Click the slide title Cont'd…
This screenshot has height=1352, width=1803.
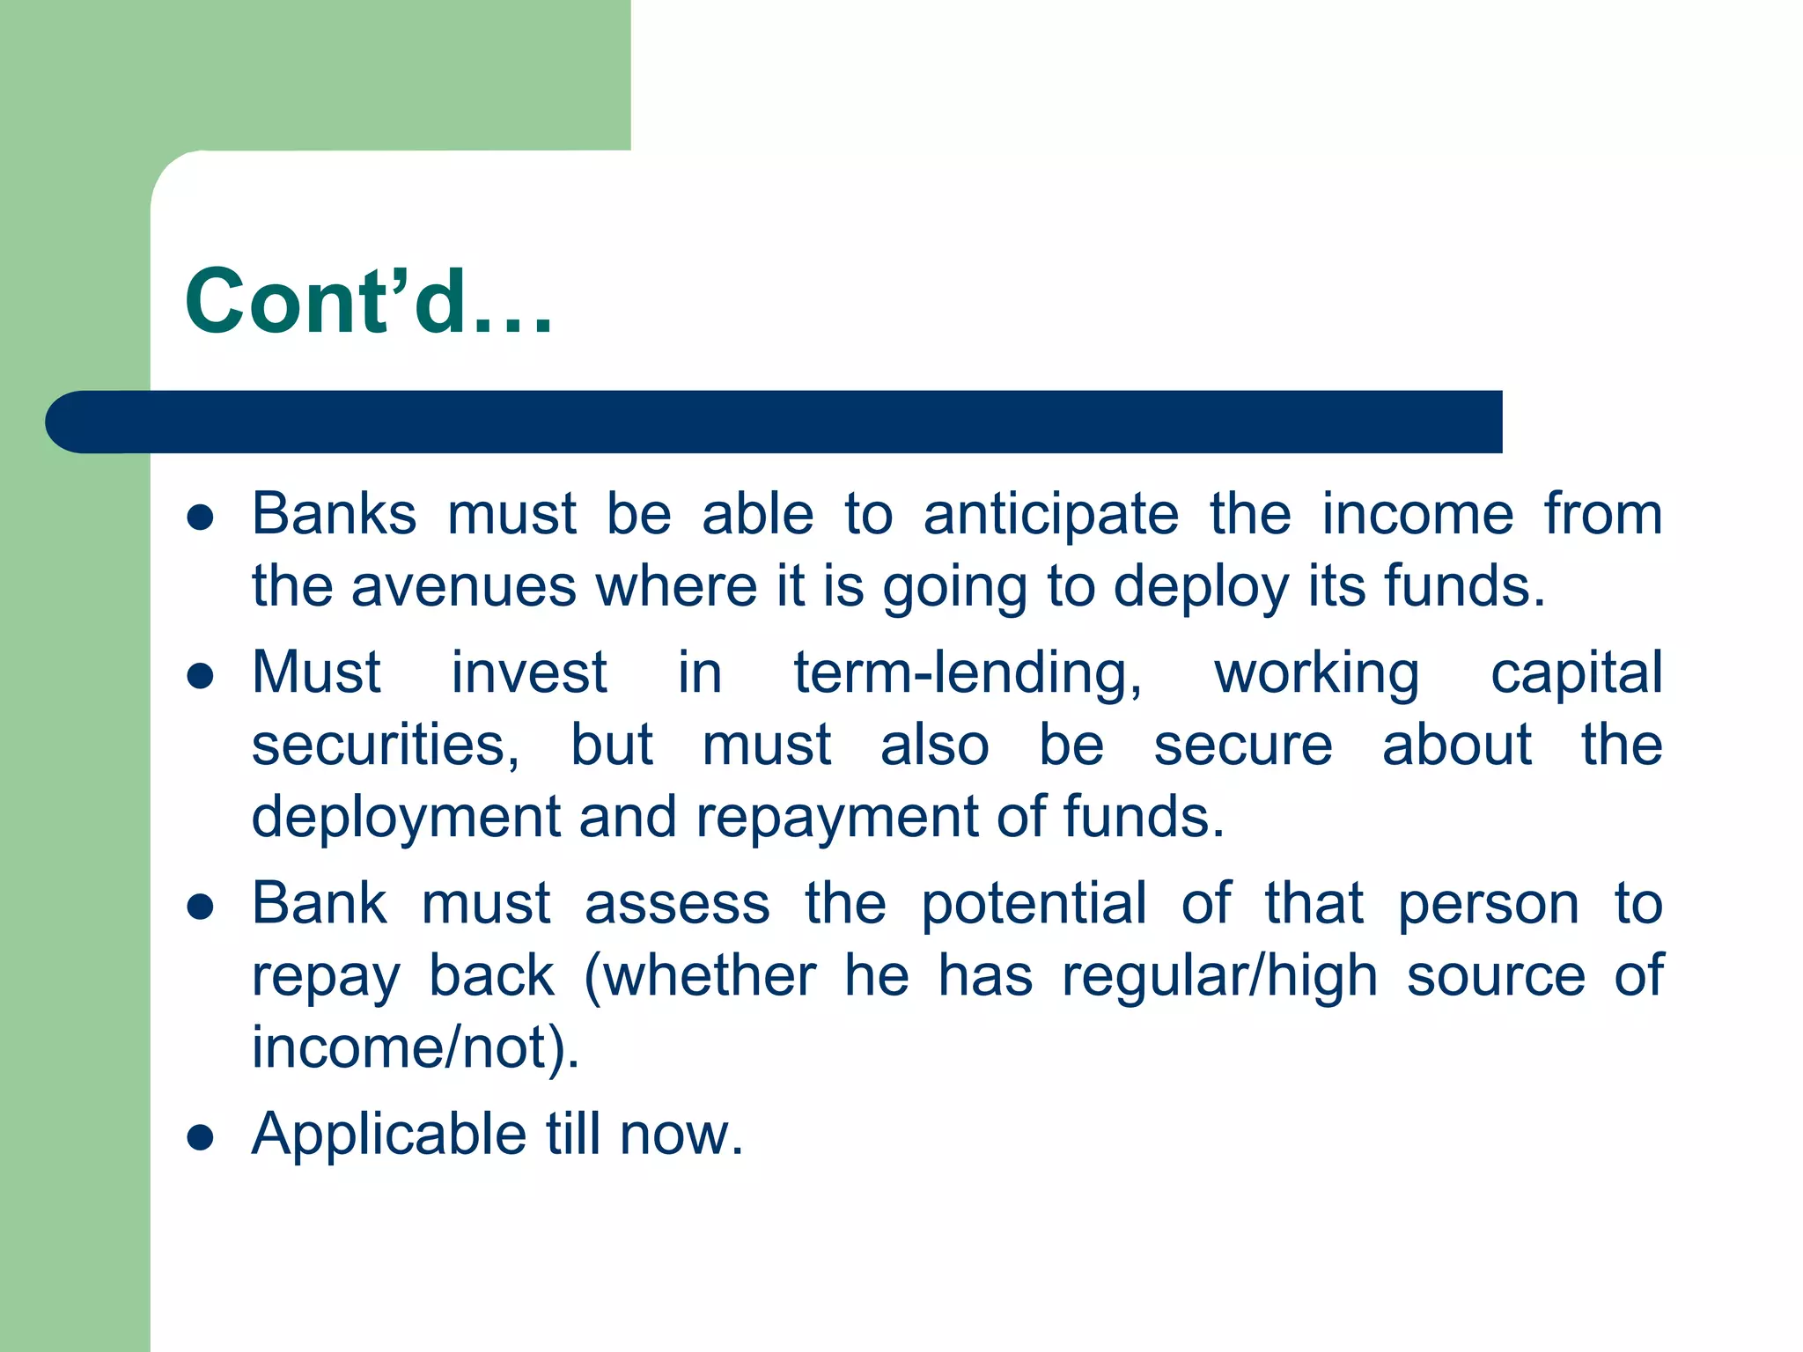point(369,302)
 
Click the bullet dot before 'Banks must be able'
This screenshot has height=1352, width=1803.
point(201,518)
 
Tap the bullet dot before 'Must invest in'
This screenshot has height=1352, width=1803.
point(201,676)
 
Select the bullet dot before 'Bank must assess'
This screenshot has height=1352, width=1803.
point(201,907)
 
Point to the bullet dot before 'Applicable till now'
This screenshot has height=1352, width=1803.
point(201,1137)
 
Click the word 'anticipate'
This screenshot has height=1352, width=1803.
point(1050,515)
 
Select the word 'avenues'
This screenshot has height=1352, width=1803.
point(463,587)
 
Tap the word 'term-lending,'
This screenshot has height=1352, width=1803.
point(968,673)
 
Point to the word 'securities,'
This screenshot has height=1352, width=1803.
point(386,746)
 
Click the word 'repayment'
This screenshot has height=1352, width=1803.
point(837,818)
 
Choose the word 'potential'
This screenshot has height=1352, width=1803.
point(1034,905)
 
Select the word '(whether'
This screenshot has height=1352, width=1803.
point(700,977)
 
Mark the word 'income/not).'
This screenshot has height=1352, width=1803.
point(416,1049)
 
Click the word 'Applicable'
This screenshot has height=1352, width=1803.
point(388,1135)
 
